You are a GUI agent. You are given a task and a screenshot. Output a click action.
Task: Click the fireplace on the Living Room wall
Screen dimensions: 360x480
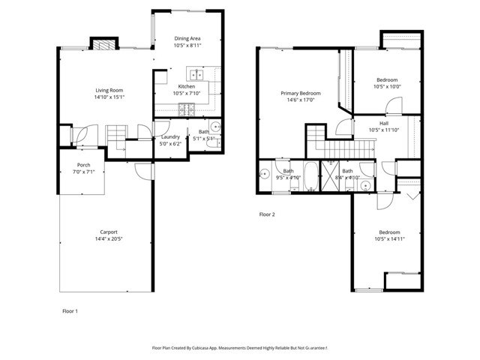click(103, 43)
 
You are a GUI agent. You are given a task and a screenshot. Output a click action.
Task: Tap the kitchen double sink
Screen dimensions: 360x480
click(196, 74)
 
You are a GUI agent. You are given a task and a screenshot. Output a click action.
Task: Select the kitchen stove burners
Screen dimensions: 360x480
click(185, 111)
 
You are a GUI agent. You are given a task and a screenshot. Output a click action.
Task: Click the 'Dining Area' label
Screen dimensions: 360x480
click(187, 38)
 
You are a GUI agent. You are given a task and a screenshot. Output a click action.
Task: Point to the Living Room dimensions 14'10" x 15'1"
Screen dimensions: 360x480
click(109, 97)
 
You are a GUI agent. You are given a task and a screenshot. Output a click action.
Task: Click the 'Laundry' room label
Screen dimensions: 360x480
click(169, 137)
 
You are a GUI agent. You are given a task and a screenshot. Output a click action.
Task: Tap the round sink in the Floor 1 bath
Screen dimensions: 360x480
click(214, 127)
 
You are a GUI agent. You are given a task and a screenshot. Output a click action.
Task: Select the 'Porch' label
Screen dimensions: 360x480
click(84, 165)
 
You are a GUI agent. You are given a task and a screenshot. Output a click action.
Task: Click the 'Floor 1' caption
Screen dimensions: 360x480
click(69, 310)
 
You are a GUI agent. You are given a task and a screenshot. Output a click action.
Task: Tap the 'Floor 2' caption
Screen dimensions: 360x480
click(267, 214)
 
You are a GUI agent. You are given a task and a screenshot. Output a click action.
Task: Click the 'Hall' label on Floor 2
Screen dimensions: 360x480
click(384, 123)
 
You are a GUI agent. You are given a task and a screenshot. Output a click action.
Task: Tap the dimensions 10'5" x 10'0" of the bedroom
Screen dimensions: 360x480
click(387, 86)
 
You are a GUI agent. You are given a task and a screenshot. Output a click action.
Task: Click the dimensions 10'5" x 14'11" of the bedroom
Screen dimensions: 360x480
click(390, 239)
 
